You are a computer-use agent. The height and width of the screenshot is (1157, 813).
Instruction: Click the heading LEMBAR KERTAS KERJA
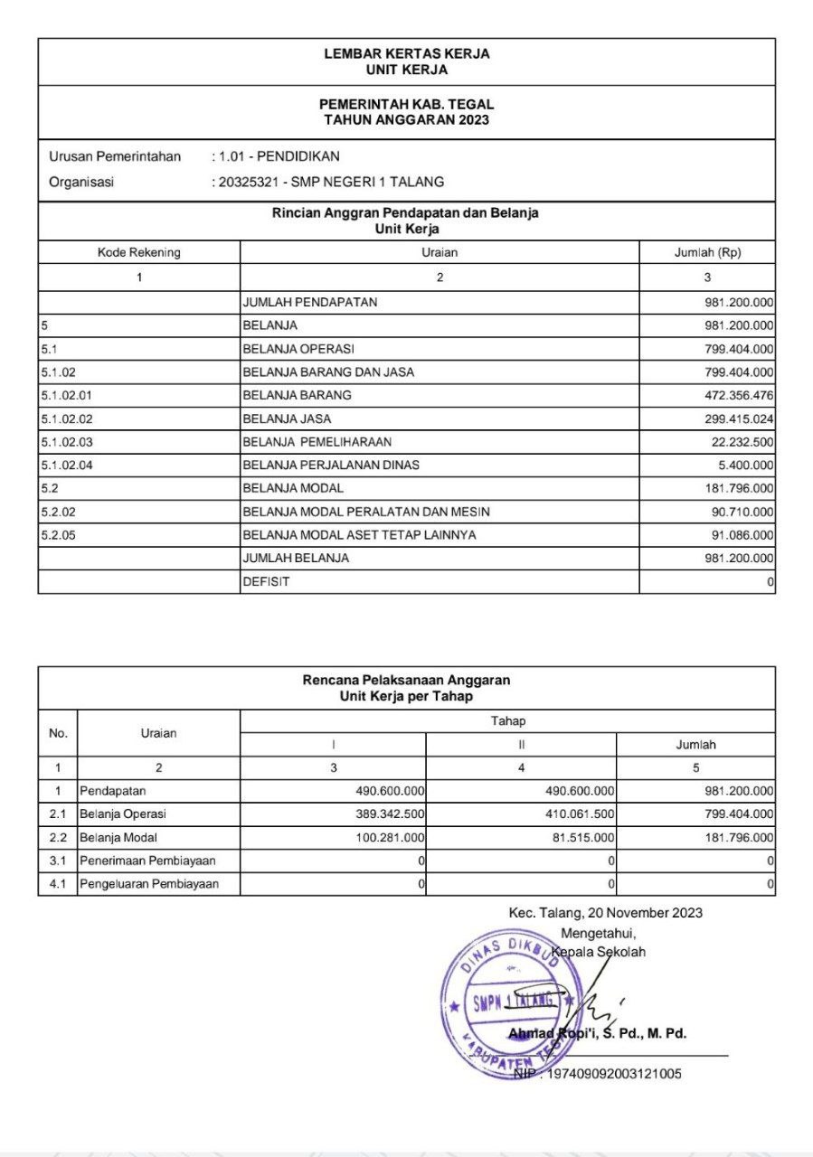406,54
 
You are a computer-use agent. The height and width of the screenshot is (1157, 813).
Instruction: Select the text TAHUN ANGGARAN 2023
406,120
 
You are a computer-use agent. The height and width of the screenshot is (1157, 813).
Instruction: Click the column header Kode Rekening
138,253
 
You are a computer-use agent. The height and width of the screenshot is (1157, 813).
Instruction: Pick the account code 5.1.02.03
67,441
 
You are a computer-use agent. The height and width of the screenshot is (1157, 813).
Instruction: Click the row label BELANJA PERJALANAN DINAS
331,465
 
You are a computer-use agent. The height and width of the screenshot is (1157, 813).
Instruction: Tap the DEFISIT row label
266,582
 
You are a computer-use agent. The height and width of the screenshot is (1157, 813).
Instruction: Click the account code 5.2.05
59,535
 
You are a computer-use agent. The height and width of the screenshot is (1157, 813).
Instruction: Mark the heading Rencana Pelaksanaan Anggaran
406,680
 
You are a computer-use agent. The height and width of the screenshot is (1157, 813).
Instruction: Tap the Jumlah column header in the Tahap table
695,745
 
